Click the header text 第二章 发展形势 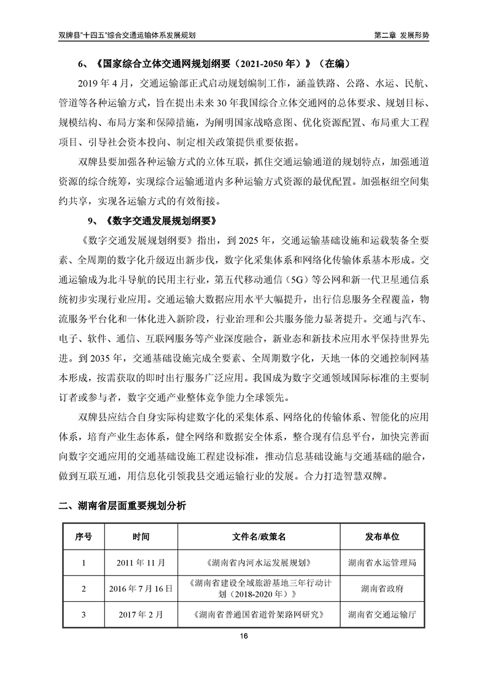402,35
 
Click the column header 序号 84,537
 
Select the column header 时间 141,537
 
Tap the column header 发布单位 382,537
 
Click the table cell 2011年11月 141,562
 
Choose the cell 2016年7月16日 141,588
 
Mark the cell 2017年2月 141,613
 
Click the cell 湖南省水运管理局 382,562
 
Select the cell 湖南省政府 382,588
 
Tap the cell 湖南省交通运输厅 382,613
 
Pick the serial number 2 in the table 84,588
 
